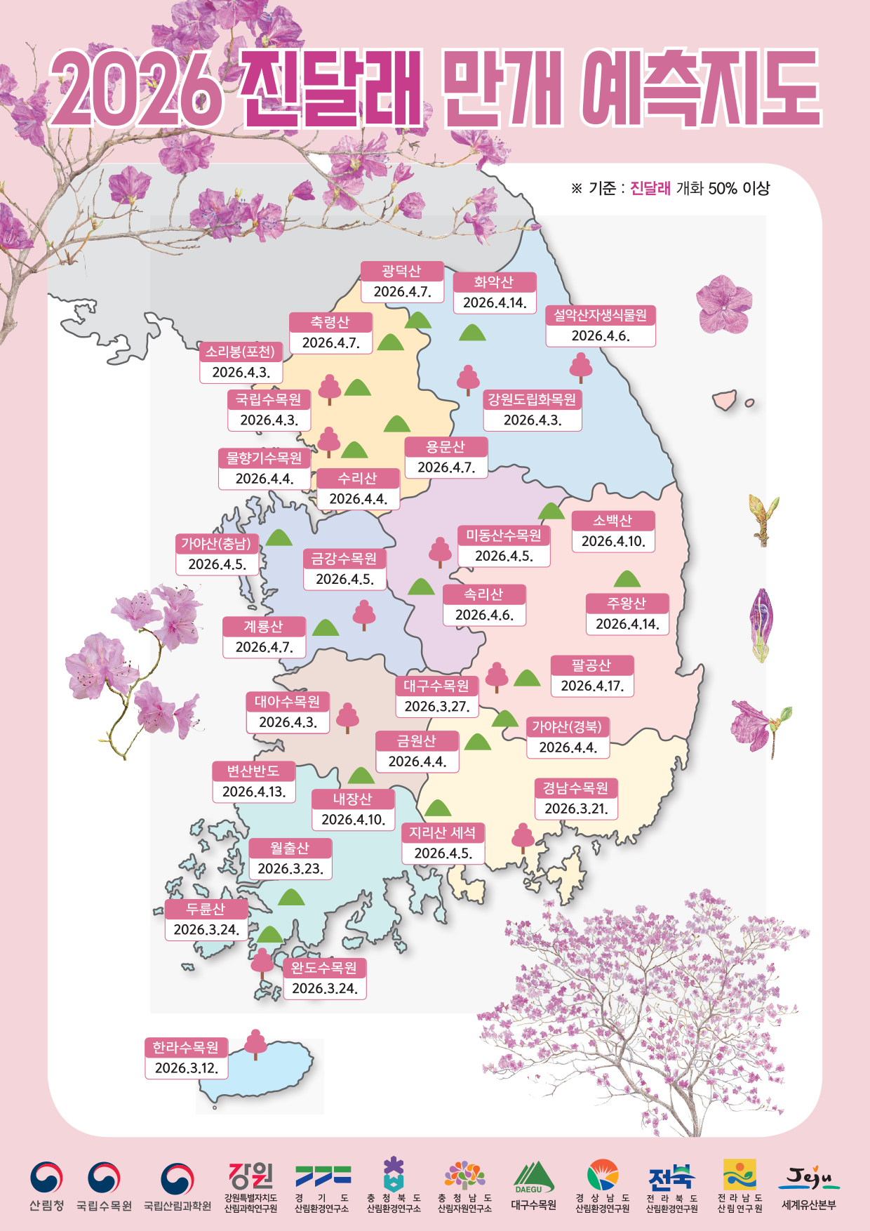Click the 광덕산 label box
point(402,272)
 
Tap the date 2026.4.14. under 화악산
point(495,302)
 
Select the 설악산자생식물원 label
point(601,316)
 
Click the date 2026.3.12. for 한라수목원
point(187,1067)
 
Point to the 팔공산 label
point(592,665)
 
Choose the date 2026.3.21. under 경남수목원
point(576,809)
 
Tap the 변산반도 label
point(253,771)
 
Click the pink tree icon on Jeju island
point(256,1044)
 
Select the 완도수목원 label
point(324,968)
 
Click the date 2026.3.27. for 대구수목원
point(436,706)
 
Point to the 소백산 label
point(613,521)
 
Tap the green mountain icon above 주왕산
point(627,579)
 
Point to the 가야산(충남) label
point(217,544)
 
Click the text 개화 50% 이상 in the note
point(723,188)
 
